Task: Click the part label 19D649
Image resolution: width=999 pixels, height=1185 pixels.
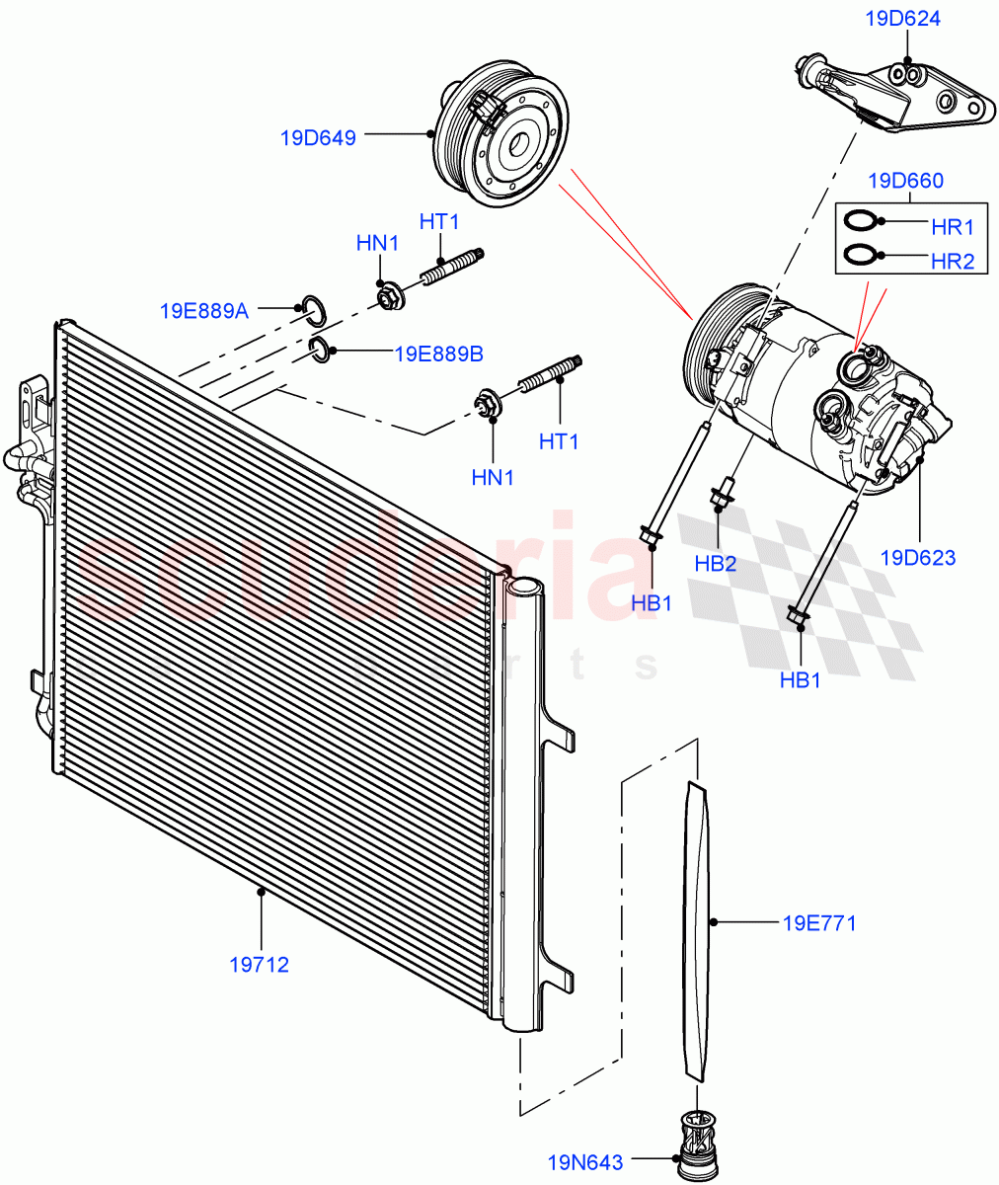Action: (x=317, y=137)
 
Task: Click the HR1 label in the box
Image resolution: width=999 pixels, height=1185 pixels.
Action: (x=953, y=227)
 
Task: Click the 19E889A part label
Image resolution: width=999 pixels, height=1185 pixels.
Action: (x=203, y=310)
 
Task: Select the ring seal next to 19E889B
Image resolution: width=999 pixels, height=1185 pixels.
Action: (x=320, y=348)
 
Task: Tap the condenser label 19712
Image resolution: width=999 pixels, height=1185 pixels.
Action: (x=260, y=965)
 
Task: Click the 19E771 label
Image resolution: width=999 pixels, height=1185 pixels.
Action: (x=818, y=923)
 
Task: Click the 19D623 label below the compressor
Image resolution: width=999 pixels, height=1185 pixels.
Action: (x=917, y=557)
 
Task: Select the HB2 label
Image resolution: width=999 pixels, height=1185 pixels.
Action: (x=715, y=564)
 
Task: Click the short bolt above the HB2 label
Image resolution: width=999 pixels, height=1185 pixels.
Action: (x=724, y=492)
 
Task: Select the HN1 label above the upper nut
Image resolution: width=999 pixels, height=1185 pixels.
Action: (x=377, y=243)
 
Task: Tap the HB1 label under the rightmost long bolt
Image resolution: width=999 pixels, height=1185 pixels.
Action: (x=801, y=679)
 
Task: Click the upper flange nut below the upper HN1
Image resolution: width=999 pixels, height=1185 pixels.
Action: (x=388, y=295)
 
